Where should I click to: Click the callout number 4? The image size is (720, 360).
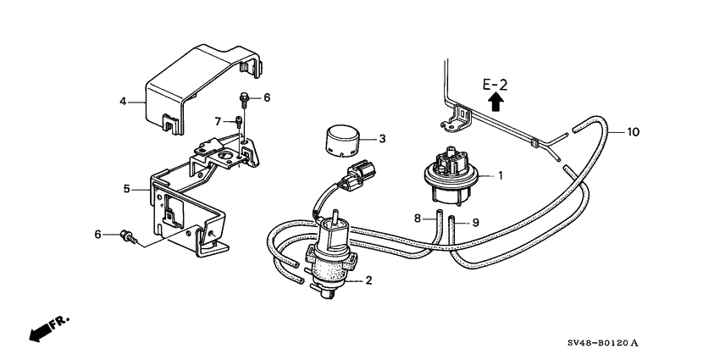tap(123, 102)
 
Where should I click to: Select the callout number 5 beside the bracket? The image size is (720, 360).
tap(126, 189)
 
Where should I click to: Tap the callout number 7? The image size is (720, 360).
tap(217, 120)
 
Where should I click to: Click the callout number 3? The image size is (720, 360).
tap(381, 138)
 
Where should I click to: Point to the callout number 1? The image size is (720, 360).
tap(500, 176)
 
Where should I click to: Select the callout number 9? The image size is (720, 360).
tap(475, 223)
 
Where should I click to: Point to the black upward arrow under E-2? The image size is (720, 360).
tap(496, 103)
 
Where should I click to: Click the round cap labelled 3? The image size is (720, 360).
tap(344, 138)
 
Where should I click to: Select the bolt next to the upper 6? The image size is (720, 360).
tap(244, 99)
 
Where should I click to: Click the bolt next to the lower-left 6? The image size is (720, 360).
tap(129, 235)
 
